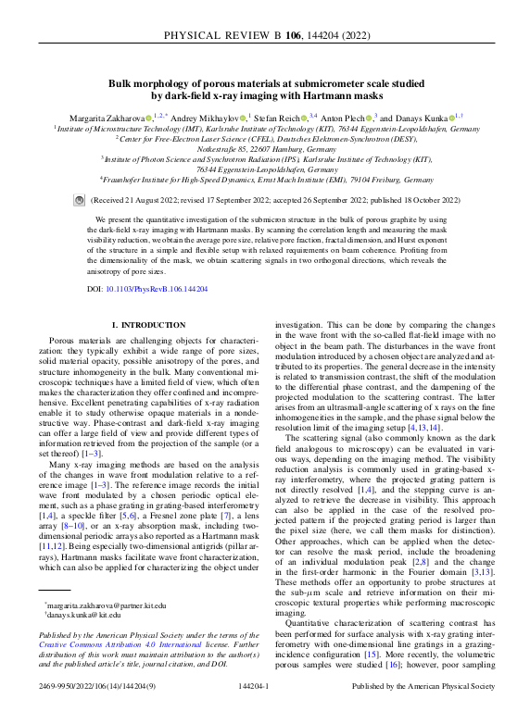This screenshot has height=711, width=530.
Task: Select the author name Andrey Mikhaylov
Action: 199,118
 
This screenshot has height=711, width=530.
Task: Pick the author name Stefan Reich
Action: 279,118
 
